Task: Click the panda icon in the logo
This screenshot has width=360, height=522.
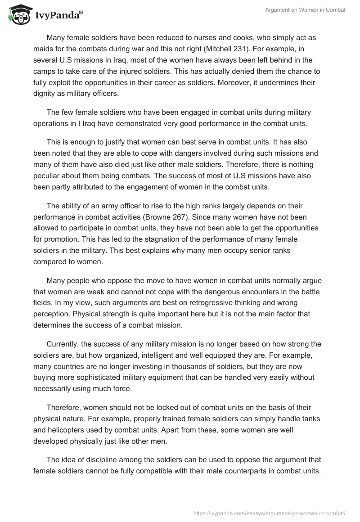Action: click(18, 14)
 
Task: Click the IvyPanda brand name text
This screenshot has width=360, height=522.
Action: click(58, 15)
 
